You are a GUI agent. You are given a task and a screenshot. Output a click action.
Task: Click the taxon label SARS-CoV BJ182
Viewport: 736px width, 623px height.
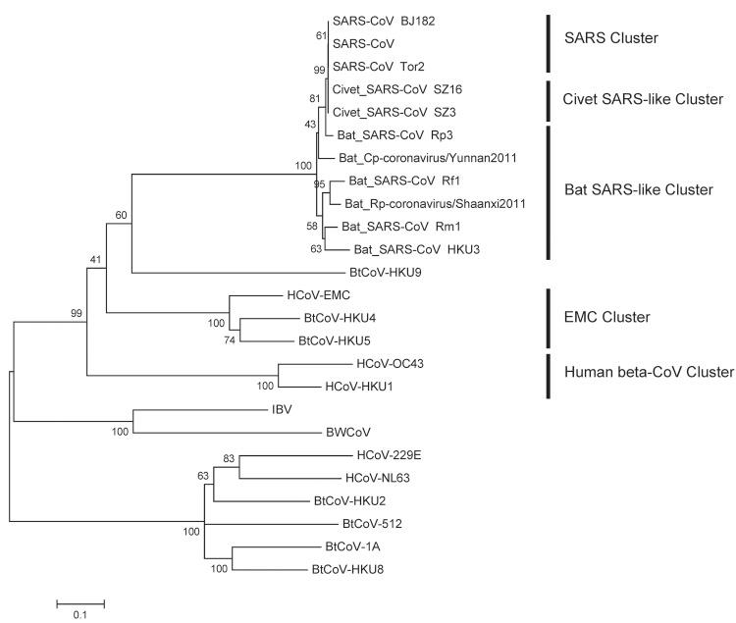tap(378, 21)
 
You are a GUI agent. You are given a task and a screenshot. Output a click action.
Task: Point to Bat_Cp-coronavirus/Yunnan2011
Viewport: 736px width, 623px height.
tap(421, 157)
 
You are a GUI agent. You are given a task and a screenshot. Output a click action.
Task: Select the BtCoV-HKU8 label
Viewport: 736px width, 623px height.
tap(344, 569)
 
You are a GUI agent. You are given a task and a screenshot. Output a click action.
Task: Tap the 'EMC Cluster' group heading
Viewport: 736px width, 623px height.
tap(604, 318)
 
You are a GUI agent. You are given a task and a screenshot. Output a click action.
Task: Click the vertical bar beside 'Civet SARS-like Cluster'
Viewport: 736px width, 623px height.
tap(548, 101)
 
